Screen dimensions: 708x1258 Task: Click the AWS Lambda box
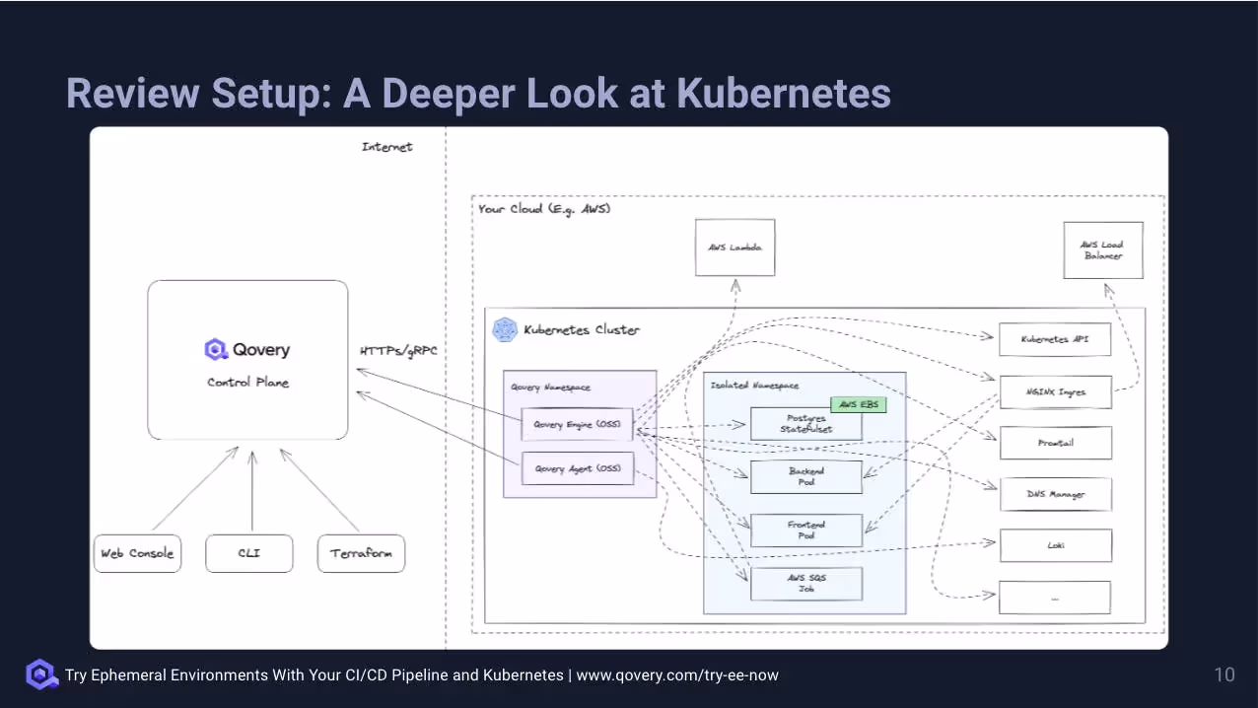tap(734, 248)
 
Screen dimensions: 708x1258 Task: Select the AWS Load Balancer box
tap(1102, 250)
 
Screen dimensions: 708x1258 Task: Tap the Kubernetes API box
tap(1056, 339)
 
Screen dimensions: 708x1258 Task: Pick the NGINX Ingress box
tap(1056, 391)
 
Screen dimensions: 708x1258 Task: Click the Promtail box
tap(1056, 443)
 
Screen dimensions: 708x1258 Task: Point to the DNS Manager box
tap(1056, 494)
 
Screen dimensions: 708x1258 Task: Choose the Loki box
tap(1056, 545)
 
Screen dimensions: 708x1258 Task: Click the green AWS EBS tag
tap(858, 404)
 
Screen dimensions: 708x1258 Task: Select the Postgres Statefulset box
tap(806, 424)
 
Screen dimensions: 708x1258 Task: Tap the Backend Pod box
tap(806, 477)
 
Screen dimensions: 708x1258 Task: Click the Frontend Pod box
tap(806, 531)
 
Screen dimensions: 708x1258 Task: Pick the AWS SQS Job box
tap(806, 584)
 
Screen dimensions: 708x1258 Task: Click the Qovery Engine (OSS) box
tap(577, 425)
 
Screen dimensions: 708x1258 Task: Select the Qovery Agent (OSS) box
tap(577, 468)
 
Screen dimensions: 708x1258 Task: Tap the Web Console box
tap(137, 553)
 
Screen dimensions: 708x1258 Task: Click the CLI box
tap(249, 553)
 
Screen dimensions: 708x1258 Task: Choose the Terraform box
tap(361, 553)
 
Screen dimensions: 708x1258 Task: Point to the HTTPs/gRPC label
tap(398, 351)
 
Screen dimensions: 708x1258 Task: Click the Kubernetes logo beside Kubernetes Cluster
tap(505, 329)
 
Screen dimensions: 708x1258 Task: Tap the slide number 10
tap(1223, 674)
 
